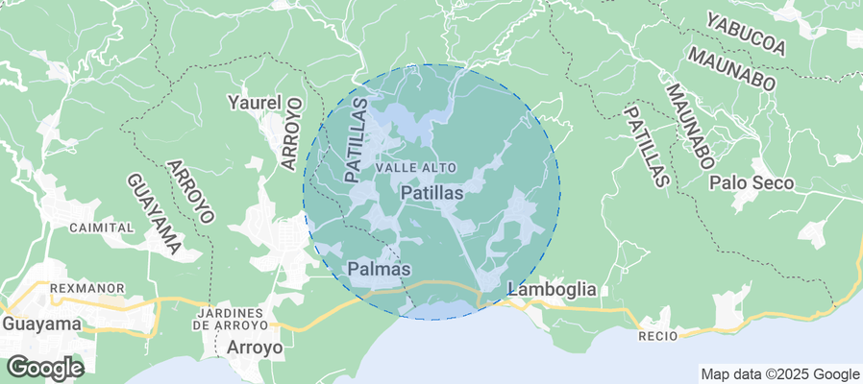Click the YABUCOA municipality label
pyautogui.click(x=746, y=33)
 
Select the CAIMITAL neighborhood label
pyautogui.click(x=101, y=228)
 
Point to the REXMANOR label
pyautogui.click(x=61, y=287)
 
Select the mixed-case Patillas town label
pyautogui.click(x=431, y=193)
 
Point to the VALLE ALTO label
pyautogui.click(x=416, y=167)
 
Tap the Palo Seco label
pyautogui.click(x=752, y=182)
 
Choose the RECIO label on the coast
pyautogui.click(x=657, y=335)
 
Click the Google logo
pyautogui.click(x=44, y=367)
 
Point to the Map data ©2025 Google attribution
pyautogui.click(x=779, y=374)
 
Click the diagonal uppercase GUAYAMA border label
pyautogui.click(x=154, y=213)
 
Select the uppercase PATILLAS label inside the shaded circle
pyautogui.click(x=357, y=140)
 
